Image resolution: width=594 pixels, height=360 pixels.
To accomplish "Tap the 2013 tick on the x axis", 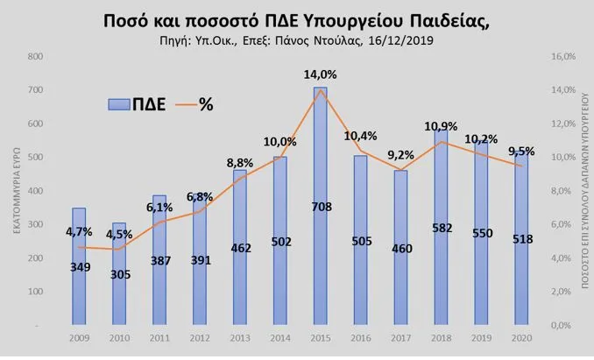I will pos(240,337).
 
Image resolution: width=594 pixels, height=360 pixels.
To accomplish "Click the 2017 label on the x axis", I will pos(402,337).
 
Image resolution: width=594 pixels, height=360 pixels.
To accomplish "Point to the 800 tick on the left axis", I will pos(36,56).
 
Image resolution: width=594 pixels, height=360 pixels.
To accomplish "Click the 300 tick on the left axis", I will pos(36,225).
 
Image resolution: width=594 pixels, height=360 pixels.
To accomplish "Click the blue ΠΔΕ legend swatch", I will pos(119,103).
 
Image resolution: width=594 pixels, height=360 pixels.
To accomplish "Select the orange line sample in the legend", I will pos(181,103).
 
